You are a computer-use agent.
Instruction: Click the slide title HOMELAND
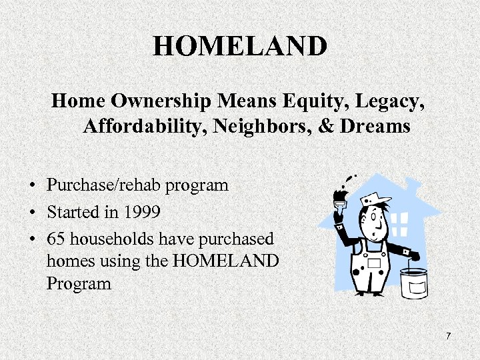click(x=240, y=47)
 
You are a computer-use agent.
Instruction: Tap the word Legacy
click(x=395, y=102)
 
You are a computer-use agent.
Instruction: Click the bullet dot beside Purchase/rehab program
click(x=32, y=185)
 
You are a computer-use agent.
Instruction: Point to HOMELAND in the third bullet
click(x=225, y=261)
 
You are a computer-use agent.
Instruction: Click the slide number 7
click(x=448, y=336)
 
